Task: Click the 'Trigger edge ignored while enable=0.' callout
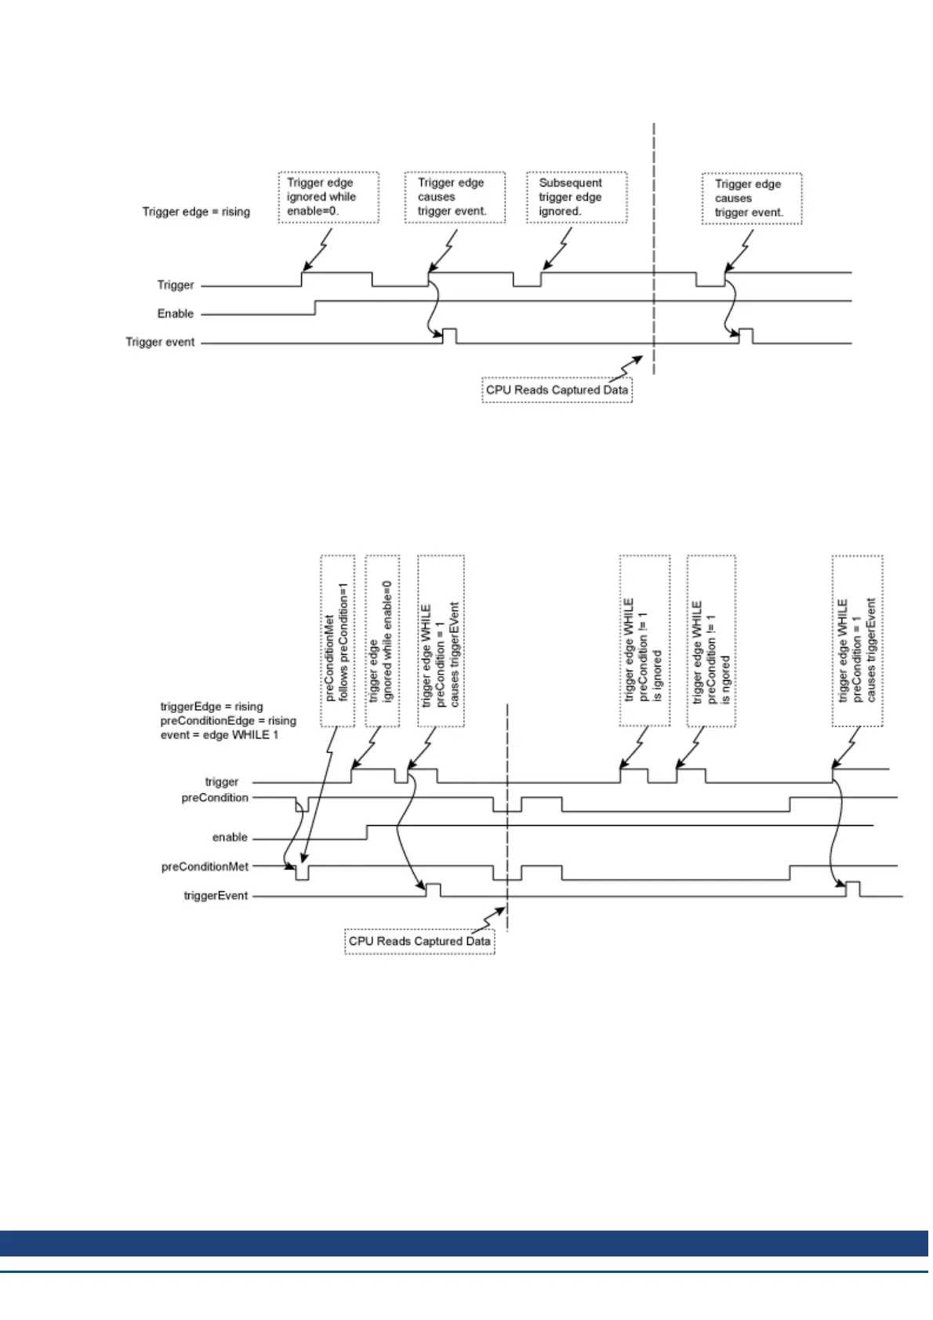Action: coord(329,198)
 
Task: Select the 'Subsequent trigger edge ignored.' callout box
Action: coord(576,198)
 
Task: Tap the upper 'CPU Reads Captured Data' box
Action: coord(557,390)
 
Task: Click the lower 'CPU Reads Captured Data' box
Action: coord(419,941)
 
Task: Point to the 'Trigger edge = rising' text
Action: coord(196,212)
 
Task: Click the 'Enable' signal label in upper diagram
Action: coord(176,314)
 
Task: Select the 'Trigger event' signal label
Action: coord(160,342)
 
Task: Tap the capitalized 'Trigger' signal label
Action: coord(176,285)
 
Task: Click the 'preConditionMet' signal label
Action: coord(205,867)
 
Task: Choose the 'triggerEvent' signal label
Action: coord(216,896)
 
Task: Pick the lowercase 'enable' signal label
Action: coord(230,838)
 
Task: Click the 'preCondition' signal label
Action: coord(215,798)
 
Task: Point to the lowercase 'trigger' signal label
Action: coord(222,782)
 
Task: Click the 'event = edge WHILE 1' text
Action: coord(219,735)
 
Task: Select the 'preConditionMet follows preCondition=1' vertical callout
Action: coord(338,641)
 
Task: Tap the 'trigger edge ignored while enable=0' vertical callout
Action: coord(382,641)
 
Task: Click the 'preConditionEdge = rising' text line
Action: coord(228,721)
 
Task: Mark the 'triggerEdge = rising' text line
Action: coord(212,707)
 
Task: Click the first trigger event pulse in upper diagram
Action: coord(449,336)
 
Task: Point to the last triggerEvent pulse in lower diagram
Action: coord(853,889)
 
